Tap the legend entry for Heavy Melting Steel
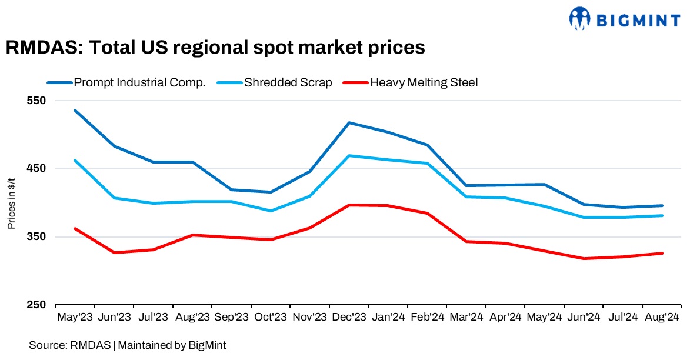tap(424, 82)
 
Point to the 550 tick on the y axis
tap(36, 101)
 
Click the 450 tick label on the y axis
tap(36, 169)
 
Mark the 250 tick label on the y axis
tap(36, 305)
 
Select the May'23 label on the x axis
tap(75, 318)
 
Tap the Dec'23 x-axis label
tap(349, 318)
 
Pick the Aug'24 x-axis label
tap(662, 318)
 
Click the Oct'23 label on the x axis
tap(271, 318)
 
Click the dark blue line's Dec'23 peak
tap(349, 123)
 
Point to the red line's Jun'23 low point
tap(114, 252)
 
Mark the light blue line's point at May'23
tap(75, 160)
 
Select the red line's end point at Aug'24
tap(662, 254)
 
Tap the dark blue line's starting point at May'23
tap(75, 111)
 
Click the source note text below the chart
tap(127, 345)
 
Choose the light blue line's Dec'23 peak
tap(349, 156)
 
